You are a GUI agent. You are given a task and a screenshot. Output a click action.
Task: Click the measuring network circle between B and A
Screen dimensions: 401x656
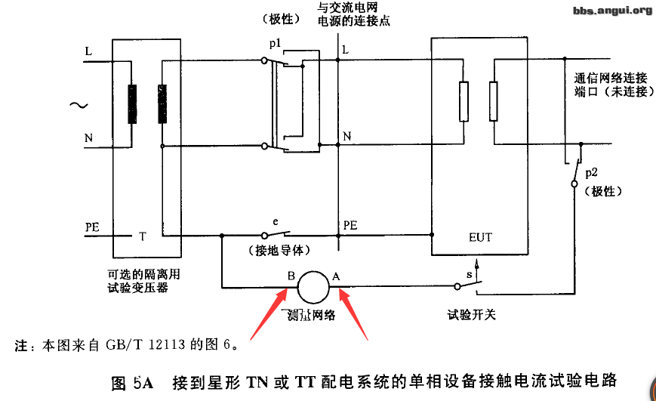pos(313,286)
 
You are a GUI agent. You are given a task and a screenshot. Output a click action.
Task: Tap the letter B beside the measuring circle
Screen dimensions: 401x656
pos(291,276)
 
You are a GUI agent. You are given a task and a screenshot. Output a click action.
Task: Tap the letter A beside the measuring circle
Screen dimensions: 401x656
pos(337,276)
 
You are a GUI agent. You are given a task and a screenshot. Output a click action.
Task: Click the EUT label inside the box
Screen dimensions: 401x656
pos(480,237)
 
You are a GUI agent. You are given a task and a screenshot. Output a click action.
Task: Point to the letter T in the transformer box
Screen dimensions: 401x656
pos(142,236)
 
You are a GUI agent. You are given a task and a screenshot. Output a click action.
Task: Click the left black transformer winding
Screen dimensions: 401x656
pos(133,103)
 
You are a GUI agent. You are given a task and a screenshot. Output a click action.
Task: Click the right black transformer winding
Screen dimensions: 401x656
pos(162,103)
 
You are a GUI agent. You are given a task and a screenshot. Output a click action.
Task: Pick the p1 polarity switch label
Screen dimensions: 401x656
pos(274,45)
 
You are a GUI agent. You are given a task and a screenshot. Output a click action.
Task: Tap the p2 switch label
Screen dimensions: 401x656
pos(591,174)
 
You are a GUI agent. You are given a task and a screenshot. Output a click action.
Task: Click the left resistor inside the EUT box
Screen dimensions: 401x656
pos(465,100)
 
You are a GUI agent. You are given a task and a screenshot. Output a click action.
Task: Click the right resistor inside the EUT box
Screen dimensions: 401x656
pos(493,100)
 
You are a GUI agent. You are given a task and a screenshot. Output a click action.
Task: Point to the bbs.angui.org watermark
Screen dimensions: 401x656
pos(612,10)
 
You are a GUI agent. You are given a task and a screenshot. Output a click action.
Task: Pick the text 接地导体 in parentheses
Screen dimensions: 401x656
pos(280,250)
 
